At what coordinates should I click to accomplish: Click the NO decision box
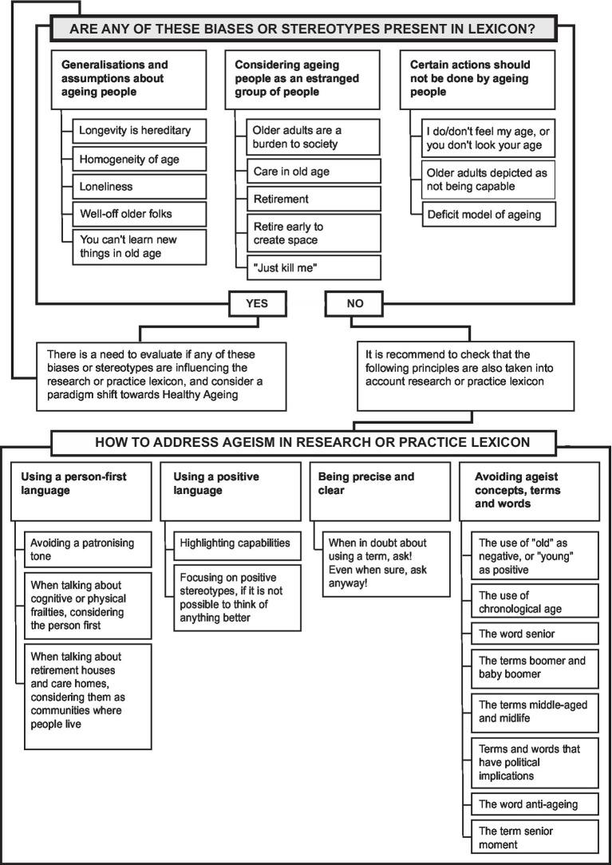353,302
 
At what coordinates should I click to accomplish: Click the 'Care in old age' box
308,172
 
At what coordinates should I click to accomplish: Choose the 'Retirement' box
308,198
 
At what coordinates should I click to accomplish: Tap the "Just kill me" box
308,268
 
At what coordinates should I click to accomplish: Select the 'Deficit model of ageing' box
488,214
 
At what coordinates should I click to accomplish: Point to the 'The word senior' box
534,634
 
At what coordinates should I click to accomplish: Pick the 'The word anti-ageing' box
534,804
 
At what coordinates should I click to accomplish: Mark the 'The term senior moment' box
534,837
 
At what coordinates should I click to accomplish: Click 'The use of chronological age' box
534,602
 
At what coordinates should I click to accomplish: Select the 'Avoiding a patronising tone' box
88,549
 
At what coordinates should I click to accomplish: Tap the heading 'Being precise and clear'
366,483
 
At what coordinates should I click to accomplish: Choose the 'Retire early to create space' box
308,233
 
